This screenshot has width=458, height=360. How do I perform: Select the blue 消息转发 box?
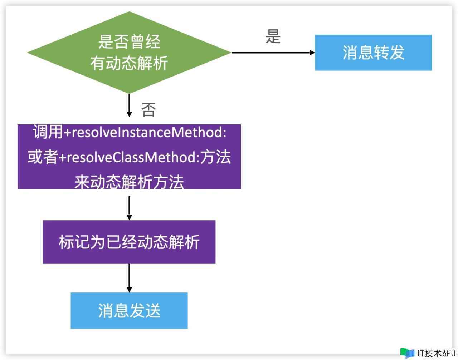click(x=373, y=53)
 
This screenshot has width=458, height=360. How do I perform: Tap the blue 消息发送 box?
click(x=129, y=310)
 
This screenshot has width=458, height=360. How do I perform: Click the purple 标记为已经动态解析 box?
click(x=129, y=242)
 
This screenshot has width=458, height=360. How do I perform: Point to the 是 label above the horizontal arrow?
click(x=273, y=36)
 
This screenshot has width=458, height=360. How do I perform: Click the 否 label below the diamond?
click(x=148, y=110)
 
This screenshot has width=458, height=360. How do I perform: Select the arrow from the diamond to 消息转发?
click(x=272, y=53)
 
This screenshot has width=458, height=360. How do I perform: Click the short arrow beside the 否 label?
click(x=129, y=106)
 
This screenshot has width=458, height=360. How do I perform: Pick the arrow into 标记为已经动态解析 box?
click(x=129, y=208)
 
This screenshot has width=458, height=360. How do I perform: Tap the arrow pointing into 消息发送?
click(x=129, y=278)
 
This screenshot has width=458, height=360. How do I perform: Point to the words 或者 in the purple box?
click(x=43, y=157)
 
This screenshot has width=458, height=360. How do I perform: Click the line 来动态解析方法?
click(x=129, y=182)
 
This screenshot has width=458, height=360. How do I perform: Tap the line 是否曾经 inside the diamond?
click(x=129, y=42)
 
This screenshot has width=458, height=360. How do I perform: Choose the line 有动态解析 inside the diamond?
click(x=129, y=64)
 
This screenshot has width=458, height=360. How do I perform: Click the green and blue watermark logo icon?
click(x=407, y=353)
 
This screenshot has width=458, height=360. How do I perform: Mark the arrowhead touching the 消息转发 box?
click(x=312, y=53)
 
